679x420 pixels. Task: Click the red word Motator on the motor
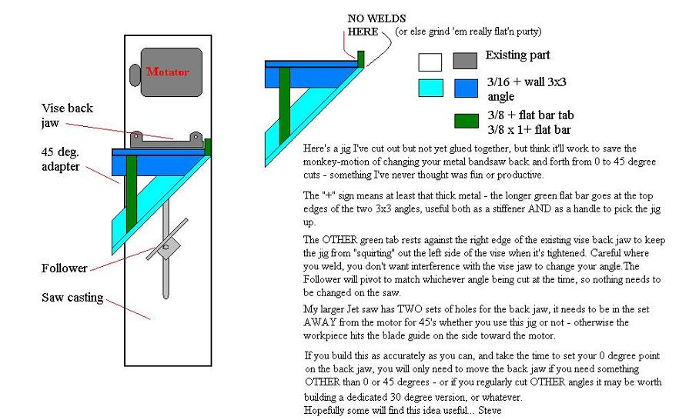168,72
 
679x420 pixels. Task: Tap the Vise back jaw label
67,115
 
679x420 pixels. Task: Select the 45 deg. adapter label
61,159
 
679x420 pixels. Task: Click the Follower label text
65,268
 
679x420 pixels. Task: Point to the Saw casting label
72,298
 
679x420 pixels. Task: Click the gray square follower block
167,248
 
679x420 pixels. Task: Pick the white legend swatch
430,62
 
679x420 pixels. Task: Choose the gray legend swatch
465,61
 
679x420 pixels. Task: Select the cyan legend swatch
431,88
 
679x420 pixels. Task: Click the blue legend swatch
466,88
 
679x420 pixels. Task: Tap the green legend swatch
467,121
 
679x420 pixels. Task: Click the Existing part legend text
517,55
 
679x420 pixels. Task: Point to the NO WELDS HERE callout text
376,25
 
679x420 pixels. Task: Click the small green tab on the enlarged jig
361,58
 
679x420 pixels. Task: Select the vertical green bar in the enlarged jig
285,106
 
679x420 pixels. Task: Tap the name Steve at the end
490,410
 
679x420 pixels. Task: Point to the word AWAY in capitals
319,322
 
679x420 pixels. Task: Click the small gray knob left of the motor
135,75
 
